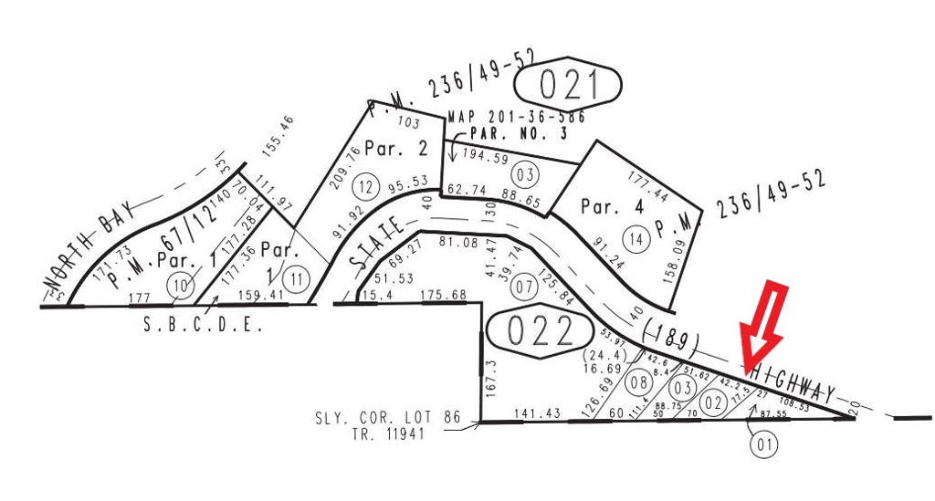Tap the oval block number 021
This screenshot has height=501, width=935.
[567, 85]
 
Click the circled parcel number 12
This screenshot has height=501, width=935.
[366, 186]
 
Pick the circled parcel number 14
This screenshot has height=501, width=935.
[636, 238]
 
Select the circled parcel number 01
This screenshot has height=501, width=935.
[763, 444]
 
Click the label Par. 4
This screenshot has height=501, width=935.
[612, 206]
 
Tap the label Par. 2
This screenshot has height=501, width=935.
[395, 148]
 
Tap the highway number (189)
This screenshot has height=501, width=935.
[670, 335]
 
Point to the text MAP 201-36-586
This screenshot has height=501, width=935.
[517, 117]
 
